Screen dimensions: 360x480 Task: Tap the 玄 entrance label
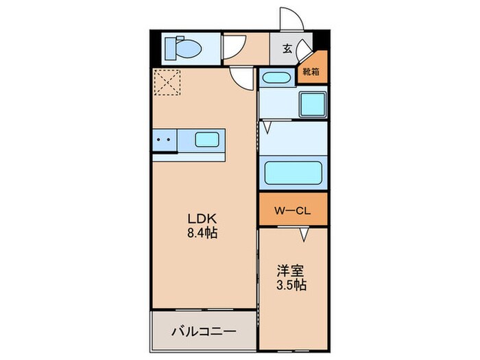[287, 49]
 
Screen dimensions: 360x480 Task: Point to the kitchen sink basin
[206, 140]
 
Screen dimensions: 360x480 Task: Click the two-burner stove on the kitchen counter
[165, 140]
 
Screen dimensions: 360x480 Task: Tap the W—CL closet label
[293, 211]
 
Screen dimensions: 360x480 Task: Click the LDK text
[202, 219]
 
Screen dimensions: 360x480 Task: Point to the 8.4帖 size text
[202, 233]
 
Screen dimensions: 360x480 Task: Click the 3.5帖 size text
[291, 284]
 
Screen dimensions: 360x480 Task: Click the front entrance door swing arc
[290, 21]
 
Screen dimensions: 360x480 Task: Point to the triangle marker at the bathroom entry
[265, 127]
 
